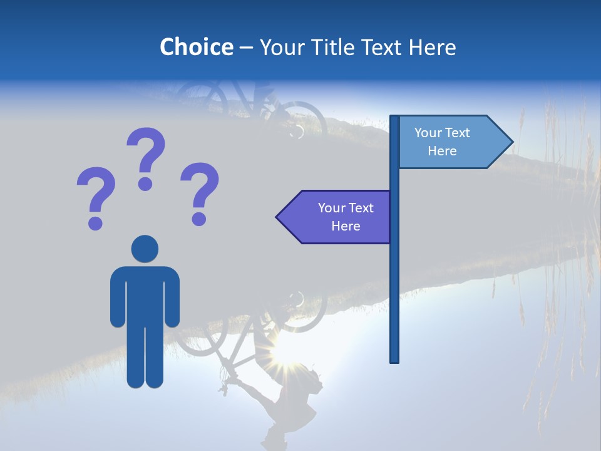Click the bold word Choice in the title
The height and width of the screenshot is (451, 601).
pyautogui.click(x=196, y=47)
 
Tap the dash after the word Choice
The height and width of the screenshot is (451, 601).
pyautogui.click(x=246, y=48)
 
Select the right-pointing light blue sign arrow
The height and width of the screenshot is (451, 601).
pyautogui.click(x=451, y=142)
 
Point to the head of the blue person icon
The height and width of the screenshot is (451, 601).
pyautogui.click(x=145, y=249)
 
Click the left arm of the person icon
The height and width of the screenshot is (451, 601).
pyautogui.click(x=117, y=298)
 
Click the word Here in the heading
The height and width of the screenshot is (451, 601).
pyautogui.click(x=432, y=47)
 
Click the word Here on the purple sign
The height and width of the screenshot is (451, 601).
pyautogui.click(x=346, y=226)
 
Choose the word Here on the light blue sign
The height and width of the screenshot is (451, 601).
pyautogui.click(x=442, y=151)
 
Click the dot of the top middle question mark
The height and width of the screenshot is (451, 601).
pyautogui.click(x=146, y=184)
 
